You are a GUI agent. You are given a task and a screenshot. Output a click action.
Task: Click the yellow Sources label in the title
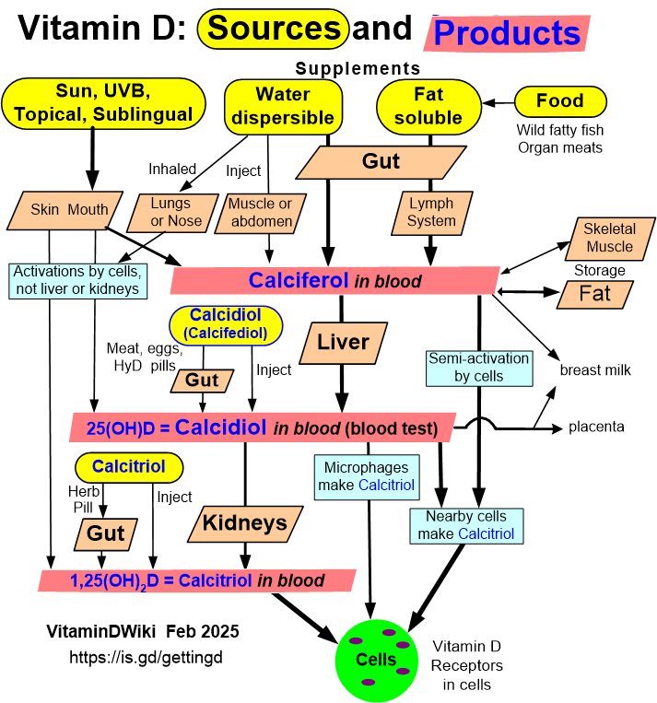tap(274, 29)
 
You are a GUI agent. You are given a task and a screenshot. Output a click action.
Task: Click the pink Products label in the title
tap(506, 33)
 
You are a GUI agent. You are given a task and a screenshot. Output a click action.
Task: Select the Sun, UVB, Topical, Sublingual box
tap(103, 101)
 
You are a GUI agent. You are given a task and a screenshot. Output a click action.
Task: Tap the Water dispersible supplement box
tap(283, 105)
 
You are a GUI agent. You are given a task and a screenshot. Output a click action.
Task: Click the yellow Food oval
tap(560, 100)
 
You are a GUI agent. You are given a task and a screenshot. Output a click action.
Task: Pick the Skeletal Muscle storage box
tap(609, 237)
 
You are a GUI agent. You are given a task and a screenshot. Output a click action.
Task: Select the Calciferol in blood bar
tap(334, 281)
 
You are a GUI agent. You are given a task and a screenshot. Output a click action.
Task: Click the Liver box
tap(343, 343)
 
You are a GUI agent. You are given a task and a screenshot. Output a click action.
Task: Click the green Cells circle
tap(378, 659)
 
